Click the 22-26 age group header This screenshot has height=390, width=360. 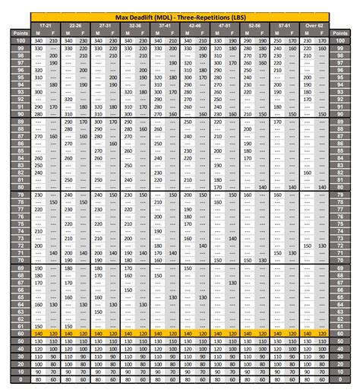click(74, 25)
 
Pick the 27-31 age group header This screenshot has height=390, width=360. click(105, 25)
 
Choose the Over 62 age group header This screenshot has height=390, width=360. click(313, 25)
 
